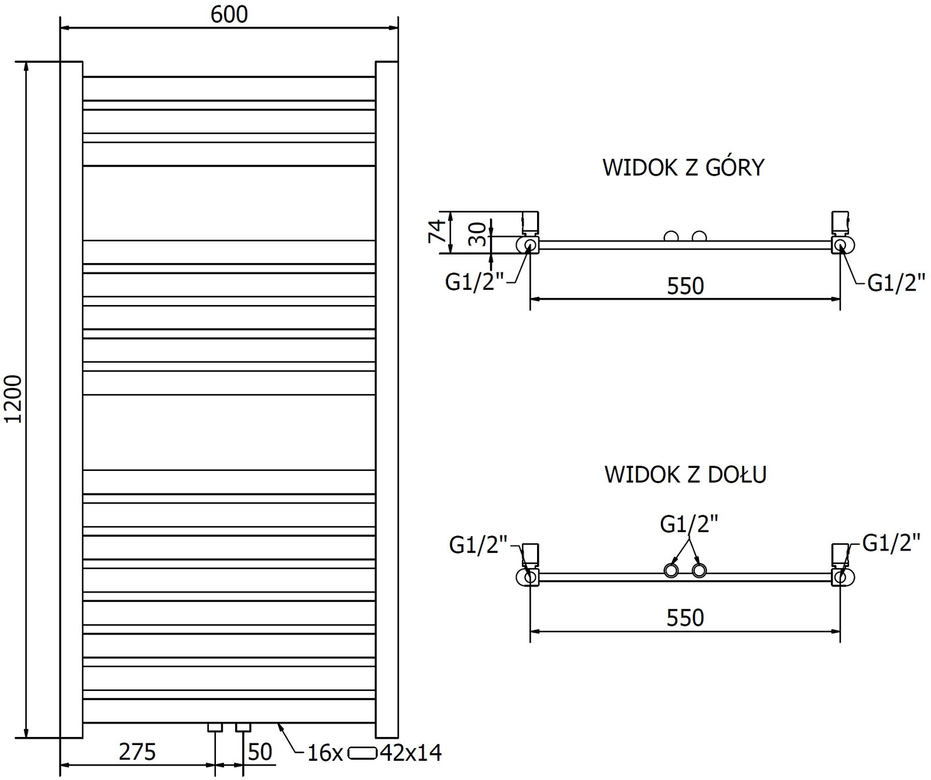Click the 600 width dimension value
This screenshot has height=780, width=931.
pyautogui.click(x=229, y=15)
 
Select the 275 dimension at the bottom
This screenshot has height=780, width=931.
pyautogui.click(x=137, y=752)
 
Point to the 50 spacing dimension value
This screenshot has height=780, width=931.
pyautogui.click(x=260, y=752)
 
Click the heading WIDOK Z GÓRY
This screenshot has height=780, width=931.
pyautogui.click(x=683, y=168)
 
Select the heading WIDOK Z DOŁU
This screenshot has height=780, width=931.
pyautogui.click(x=685, y=474)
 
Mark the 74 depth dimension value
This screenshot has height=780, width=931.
pyautogui.click(x=438, y=231)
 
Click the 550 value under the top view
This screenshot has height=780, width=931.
pyautogui.click(x=685, y=286)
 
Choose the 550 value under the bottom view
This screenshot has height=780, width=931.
pyautogui.click(x=685, y=618)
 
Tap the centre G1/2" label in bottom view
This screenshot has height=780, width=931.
pyautogui.click(x=689, y=524)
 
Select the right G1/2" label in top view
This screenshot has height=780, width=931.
pyautogui.click(x=896, y=283)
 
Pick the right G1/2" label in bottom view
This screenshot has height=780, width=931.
pyautogui.click(x=891, y=543)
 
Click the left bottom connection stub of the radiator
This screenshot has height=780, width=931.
pyautogui.click(x=215, y=727)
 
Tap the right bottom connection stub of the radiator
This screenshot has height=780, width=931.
pyautogui.click(x=243, y=727)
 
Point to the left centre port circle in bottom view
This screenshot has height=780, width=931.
pyautogui.click(x=671, y=570)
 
